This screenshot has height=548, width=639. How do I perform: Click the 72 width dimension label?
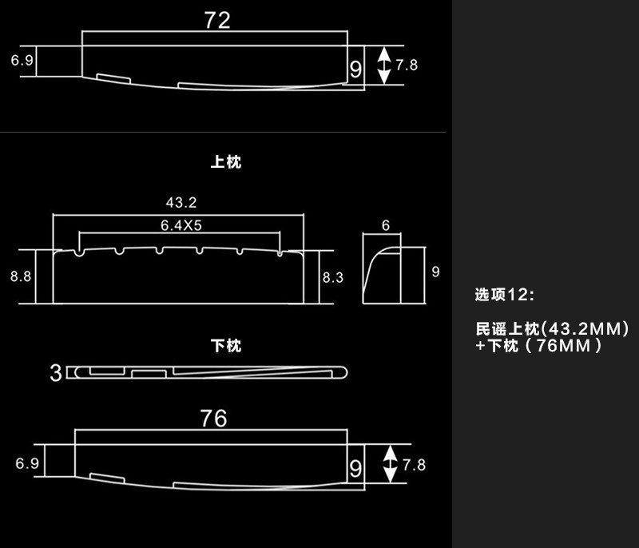217,21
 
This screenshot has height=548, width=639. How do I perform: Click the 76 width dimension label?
214,419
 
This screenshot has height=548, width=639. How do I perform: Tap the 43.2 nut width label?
181,204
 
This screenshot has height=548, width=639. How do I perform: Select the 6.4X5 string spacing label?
181,225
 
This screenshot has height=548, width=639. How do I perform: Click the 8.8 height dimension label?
21,276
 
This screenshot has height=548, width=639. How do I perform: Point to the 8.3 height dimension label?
332,277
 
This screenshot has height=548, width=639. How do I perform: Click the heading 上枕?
226,162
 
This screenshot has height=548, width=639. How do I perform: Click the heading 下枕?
226,346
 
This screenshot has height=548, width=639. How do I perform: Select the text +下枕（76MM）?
538,347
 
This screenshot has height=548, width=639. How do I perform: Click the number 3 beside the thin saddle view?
56,373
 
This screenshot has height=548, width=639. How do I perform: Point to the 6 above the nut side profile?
385,226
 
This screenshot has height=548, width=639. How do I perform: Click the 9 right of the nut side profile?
435,272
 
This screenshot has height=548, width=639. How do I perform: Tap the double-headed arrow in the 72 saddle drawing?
384,65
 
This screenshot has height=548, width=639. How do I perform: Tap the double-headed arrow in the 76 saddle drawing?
390,463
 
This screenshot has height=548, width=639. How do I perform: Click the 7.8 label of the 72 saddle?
407,65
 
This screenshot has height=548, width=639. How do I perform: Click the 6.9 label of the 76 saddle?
26,463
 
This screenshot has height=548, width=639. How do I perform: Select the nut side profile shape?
383,274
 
